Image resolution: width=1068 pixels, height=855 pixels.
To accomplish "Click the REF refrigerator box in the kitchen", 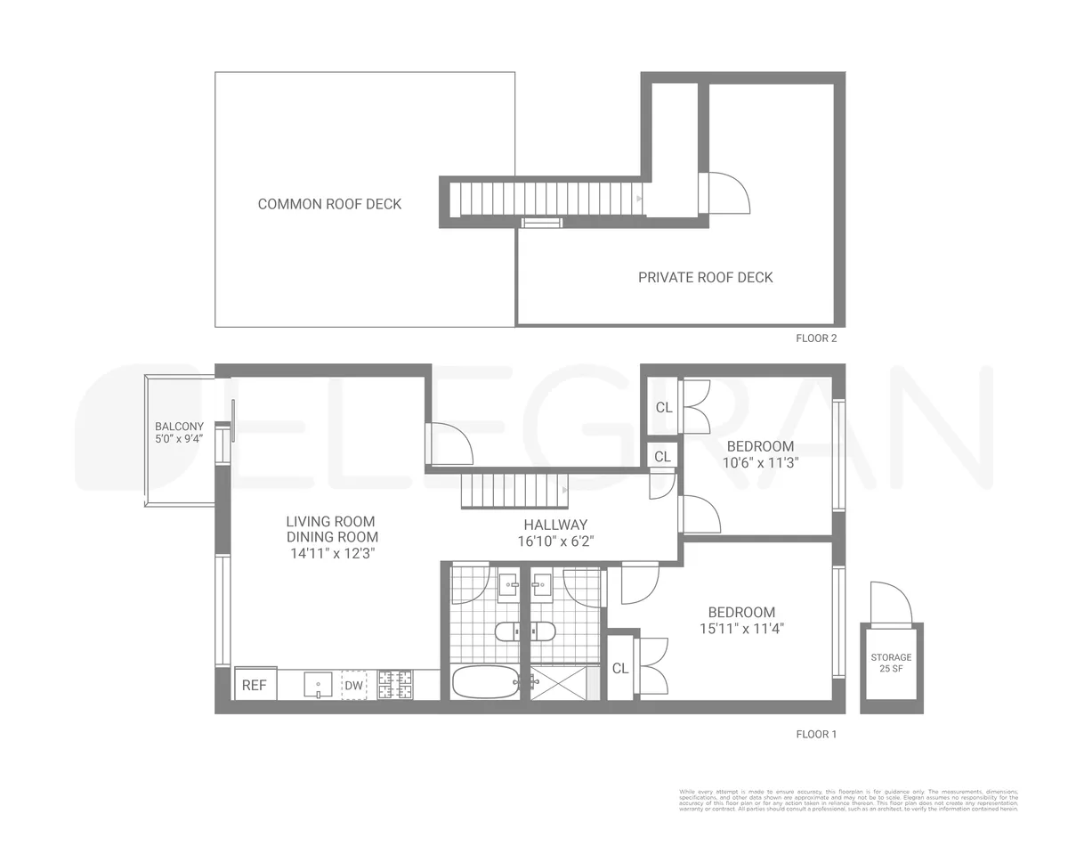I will [x=255, y=685].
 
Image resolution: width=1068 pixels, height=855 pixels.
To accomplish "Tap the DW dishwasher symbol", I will [x=353, y=685].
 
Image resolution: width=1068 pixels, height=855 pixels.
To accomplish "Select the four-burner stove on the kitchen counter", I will [x=395, y=684].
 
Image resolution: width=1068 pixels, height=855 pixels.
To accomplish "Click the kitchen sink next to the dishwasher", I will [x=318, y=685].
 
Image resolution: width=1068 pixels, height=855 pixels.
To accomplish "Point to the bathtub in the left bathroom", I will [x=484, y=682].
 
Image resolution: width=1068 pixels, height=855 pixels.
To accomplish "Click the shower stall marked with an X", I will [x=558, y=682].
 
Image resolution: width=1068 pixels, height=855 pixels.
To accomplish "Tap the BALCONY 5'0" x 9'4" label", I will [x=179, y=432].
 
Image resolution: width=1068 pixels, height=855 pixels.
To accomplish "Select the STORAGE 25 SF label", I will [x=891, y=663].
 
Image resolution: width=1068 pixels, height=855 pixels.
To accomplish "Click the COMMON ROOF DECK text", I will [x=329, y=204].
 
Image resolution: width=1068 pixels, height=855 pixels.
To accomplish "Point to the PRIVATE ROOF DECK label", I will [x=705, y=277].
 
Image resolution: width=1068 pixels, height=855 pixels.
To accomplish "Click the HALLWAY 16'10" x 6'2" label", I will [x=555, y=533].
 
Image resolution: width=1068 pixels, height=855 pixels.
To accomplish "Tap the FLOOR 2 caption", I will [x=816, y=338].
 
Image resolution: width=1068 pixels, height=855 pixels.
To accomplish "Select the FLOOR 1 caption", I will [x=816, y=735].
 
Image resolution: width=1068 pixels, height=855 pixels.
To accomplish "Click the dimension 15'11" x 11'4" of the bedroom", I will [x=741, y=628].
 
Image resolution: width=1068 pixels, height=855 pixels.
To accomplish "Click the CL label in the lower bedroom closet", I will [x=620, y=668].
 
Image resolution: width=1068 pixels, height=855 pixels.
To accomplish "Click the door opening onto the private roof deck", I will [x=724, y=193].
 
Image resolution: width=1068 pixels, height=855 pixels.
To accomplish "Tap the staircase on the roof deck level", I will [x=546, y=198].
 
